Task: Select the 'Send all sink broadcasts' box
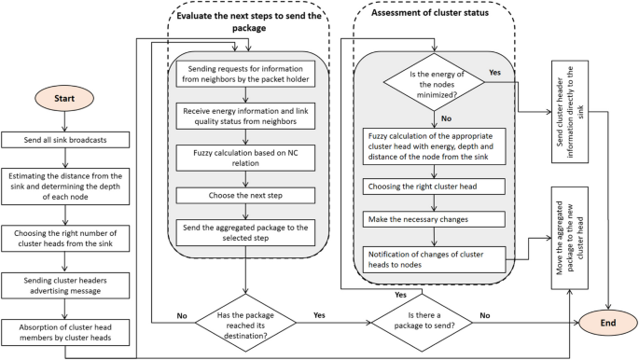[65, 139]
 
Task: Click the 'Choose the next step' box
[245, 195]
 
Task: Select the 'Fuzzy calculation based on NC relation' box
[245, 159]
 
